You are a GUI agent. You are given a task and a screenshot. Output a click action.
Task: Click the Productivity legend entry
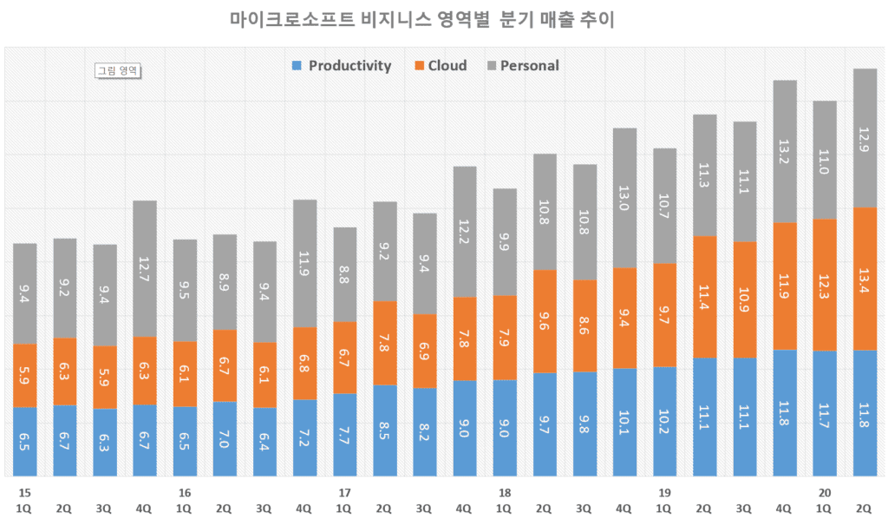(x=343, y=66)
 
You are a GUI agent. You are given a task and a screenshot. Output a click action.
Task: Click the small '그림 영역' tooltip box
(x=118, y=71)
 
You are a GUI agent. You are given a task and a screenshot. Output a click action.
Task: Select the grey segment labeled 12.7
(x=145, y=268)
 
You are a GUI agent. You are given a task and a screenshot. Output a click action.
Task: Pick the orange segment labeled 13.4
(x=865, y=279)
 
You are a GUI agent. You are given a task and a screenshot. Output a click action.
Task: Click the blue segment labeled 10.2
(x=664, y=421)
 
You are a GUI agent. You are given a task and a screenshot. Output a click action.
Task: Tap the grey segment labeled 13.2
(x=784, y=151)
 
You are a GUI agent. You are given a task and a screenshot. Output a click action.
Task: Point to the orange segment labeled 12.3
(x=825, y=285)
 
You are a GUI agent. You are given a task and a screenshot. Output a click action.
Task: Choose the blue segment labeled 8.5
(x=384, y=430)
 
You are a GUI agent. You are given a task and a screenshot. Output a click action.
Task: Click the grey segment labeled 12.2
(x=464, y=232)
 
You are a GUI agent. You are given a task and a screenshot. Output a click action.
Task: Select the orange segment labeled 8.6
(x=584, y=325)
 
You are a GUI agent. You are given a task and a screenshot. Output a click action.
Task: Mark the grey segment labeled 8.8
(x=344, y=274)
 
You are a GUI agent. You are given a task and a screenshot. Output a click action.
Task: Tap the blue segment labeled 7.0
(x=225, y=438)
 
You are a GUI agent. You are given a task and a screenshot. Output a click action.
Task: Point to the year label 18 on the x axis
(x=504, y=493)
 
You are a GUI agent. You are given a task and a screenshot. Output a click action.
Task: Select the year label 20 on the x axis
(x=825, y=493)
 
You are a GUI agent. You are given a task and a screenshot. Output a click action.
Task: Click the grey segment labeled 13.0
(x=624, y=198)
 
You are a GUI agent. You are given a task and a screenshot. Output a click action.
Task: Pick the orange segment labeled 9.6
(x=545, y=321)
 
